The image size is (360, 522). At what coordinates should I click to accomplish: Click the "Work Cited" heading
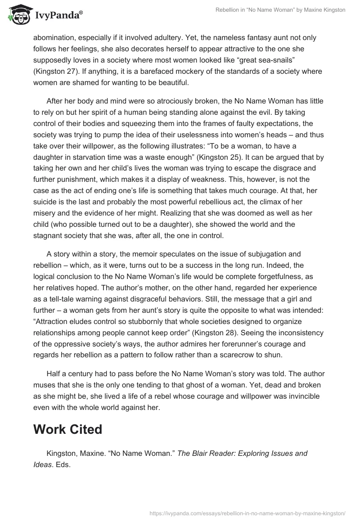tap(67, 429)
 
